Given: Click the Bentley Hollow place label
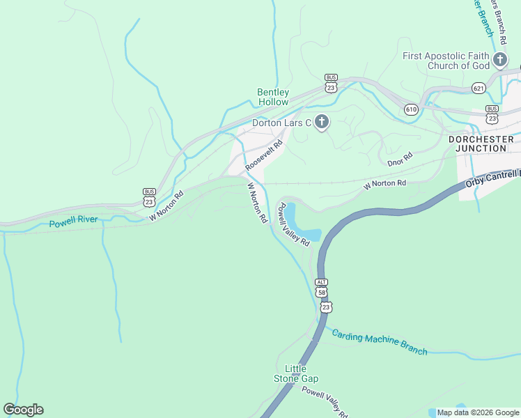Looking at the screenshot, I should (x=273, y=97).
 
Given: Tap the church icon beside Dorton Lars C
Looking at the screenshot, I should (x=321, y=123).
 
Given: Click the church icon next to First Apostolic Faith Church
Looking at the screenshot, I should (x=499, y=61).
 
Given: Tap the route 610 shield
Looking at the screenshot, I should (x=411, y=109).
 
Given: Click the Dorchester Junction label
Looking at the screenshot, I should (x=481, y=144).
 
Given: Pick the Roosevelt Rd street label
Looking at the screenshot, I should (x=264, y=156).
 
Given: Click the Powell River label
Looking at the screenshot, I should (x=74, y=224).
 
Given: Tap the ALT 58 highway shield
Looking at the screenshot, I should (x=321, y=286).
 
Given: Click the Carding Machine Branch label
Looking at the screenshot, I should (x=379, y=341).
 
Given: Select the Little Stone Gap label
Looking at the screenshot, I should (x=301, y=373).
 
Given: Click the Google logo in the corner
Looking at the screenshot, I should (x=23, y=410).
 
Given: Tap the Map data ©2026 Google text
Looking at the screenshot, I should (x=477, y=412).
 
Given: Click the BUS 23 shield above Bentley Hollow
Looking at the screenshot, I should (x=331, y=83).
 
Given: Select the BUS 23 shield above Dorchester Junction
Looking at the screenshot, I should (x=492, y=113).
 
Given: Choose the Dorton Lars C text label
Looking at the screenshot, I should (x=281, y=123).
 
